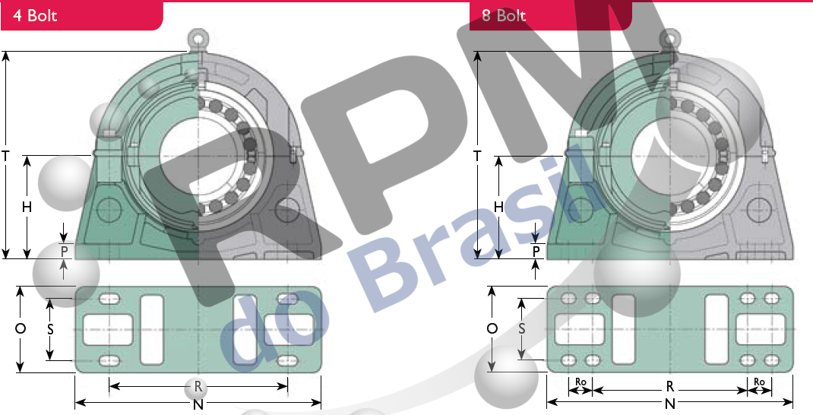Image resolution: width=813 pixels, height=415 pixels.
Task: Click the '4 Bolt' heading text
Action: coord(35,15)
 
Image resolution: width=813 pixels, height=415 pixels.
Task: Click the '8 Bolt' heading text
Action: coord(504,15)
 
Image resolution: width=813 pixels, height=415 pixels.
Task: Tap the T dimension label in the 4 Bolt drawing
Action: coord(6,155)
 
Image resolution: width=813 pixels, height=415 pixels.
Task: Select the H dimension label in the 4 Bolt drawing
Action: coord(27,207)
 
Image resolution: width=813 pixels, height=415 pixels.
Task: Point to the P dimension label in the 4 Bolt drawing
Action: coord(65,252)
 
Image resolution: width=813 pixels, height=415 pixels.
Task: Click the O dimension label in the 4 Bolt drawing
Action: coord(21,328)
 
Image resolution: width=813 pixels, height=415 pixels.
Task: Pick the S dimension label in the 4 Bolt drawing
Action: coord(50,329)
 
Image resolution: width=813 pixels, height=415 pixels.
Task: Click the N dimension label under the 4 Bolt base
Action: coord(198,404)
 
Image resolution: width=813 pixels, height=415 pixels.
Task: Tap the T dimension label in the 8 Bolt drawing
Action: coord(477,155)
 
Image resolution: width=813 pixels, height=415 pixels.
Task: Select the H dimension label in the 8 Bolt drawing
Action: coord(498,207)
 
